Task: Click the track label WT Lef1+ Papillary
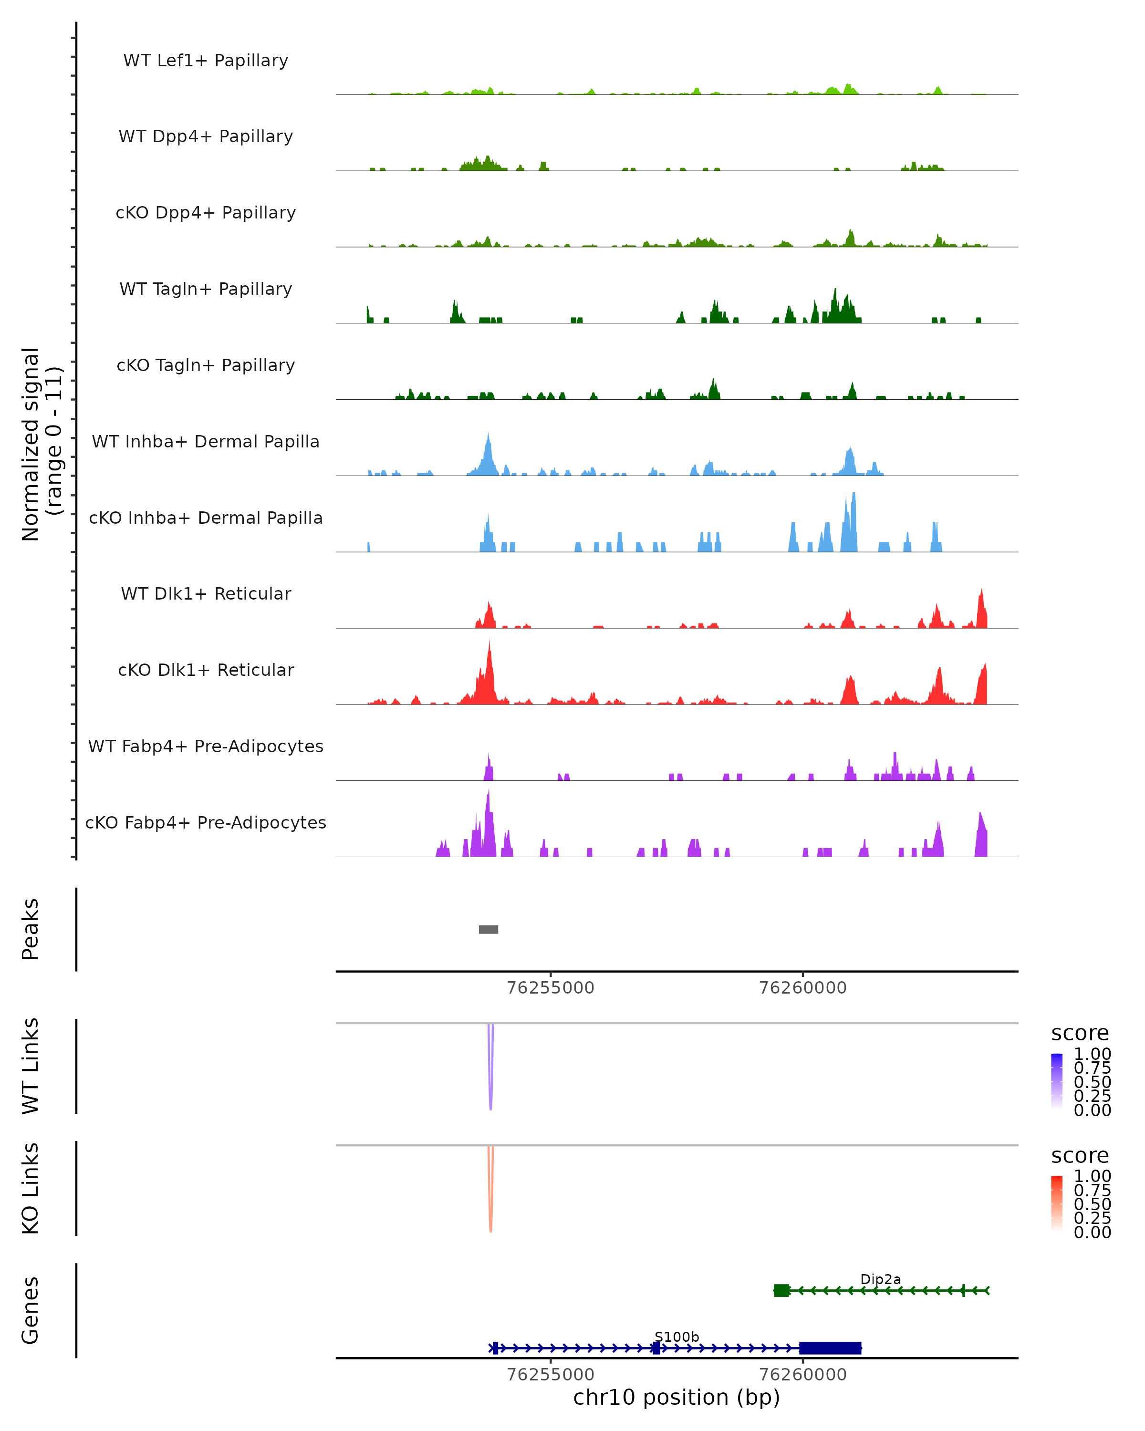click(x=206, y=61)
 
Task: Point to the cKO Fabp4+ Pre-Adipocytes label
click(x=206, y=822)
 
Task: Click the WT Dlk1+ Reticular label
click(x=206, y=593)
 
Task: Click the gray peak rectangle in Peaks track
click(x=489, y=929)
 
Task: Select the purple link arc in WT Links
click(x=490, y=1089)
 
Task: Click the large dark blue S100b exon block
click(x=830, y=1348)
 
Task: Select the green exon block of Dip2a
click(x=781, y=1290)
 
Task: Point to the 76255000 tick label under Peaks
click(x=550, y=988)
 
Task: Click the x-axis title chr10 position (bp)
click(x=677, y=1397)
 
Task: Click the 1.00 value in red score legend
click(x=1092, y=1176)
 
